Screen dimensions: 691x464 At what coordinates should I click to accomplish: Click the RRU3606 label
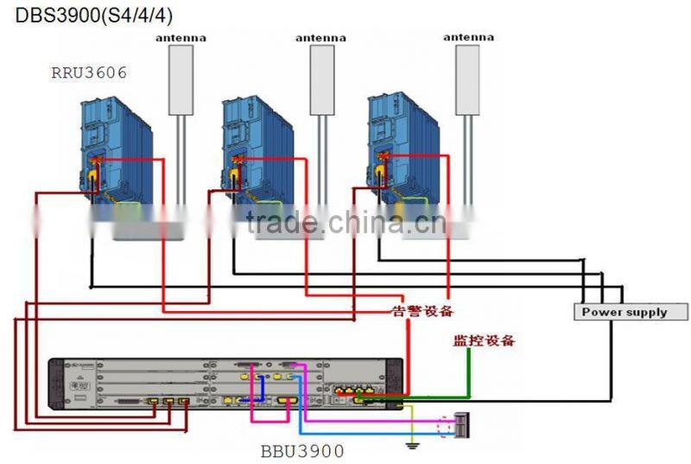88,73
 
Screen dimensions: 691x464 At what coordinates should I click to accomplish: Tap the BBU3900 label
302,450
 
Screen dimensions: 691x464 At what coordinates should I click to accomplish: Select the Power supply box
631,312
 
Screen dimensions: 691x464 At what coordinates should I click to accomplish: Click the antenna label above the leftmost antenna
180,38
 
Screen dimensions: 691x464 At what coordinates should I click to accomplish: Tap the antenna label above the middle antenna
320,38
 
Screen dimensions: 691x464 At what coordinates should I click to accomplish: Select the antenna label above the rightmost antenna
467,37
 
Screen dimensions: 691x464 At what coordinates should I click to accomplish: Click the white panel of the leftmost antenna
180,79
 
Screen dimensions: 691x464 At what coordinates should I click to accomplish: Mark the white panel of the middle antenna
321,79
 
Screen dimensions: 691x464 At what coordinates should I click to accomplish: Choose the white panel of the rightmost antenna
467,79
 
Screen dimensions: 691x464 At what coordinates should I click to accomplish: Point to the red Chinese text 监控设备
484,340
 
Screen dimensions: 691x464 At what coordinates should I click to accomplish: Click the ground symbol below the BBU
412,446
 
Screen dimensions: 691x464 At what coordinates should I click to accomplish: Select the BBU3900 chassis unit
225,385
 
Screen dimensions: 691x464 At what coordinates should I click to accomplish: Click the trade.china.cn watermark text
345,223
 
